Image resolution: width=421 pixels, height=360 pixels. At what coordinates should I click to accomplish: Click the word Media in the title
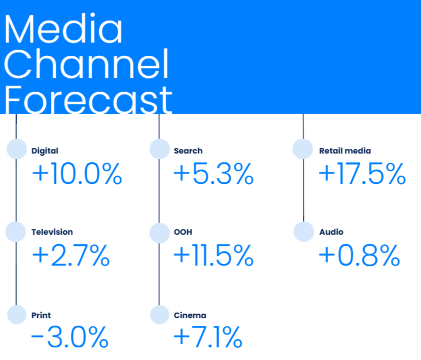click(64, 28)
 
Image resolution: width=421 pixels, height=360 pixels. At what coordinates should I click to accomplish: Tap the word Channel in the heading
click(86, 63)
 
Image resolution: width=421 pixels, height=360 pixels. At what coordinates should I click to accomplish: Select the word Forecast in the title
click(88, 99)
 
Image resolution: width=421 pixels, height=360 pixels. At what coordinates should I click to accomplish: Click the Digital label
click(45, 151)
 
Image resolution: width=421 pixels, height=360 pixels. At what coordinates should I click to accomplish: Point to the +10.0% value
click(77, 173)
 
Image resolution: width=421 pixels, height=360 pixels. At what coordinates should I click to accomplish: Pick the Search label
click(188, 151)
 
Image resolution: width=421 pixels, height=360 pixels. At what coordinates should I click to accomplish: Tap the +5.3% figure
click(214, 173)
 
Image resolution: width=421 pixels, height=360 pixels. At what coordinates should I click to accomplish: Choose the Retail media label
click(345, 151)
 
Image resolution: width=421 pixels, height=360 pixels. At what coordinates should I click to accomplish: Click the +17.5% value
click(362, 173)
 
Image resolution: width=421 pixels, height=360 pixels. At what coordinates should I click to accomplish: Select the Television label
click(52, 232)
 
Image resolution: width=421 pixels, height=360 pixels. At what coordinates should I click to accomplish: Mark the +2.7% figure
click(71, 255)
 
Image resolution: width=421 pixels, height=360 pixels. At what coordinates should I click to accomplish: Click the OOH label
click(183, 232)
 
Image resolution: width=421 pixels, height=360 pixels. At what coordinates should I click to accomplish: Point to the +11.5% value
click(214, 255)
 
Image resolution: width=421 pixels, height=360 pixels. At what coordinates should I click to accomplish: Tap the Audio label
click(331, 232)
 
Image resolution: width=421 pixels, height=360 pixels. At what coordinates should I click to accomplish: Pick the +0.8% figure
click(360, 255)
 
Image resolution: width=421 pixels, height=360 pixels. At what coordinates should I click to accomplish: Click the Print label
click(41, 315)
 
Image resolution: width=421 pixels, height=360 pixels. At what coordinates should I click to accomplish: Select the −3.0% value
click(70, 337)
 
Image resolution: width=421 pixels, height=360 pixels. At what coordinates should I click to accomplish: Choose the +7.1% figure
click(208, 337)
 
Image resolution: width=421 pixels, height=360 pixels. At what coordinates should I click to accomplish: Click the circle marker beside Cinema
click(160, 314)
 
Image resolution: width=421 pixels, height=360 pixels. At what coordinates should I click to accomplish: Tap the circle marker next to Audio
click(304, 231)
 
